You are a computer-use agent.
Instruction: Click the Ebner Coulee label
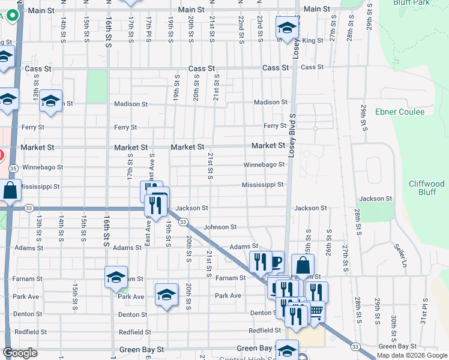(x=399, y=112)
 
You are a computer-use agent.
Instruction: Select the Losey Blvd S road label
(x=293, y=135)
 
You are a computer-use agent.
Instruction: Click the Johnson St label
(x=220, y=227)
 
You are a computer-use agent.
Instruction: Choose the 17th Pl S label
(x=148, y=30)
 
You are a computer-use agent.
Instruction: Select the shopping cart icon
(x=316, y=310)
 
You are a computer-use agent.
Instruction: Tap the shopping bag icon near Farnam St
(x=303, y=265)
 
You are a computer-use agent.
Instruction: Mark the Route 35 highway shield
(x=13, y=169)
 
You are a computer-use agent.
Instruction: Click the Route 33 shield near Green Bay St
(x=355, y=346)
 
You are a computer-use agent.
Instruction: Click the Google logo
(x=20, y=353)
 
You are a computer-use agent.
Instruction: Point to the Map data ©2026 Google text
(x=412, y=356)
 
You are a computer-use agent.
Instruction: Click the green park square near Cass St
(x=97, y=86)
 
